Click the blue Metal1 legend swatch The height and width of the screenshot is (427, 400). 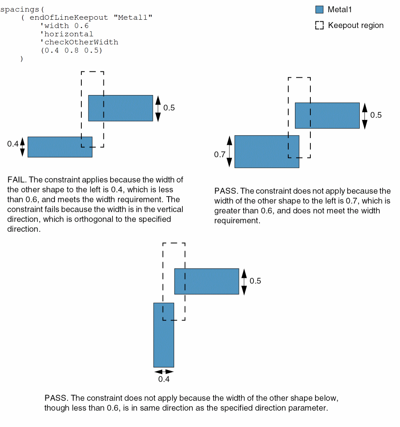pyautogui.click(x=319, y=10)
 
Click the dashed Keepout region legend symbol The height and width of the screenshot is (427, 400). pyautogui.click(x=319, y=26)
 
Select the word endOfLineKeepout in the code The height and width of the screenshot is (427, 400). pyautogui.click(x=69, y=17)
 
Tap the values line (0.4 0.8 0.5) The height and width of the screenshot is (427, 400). pyautogui.click(x=71, y=51)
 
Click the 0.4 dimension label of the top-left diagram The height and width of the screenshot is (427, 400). pyautogui.click(x=13, y=144)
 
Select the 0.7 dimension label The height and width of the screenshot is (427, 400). pyautogui.click(x=220, y=154)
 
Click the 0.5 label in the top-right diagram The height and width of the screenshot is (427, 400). pyautogui.click(x=376, y=115)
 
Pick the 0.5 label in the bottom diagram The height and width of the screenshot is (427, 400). pyautogui.click(x=255, y=281)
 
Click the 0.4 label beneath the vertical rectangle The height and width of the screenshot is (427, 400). pyautogui.click(x=164, y=379)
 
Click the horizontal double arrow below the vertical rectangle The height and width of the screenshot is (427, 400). pyautogui.click(x=164, y=372)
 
